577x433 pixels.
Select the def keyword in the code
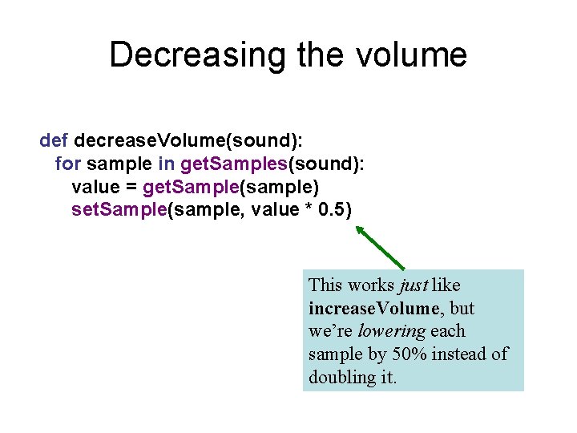point(54,141)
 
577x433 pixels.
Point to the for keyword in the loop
point(67,164)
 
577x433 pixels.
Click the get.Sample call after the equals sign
point(189,187)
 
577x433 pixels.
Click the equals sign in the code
point(131,187)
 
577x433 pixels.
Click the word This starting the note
point(325,285)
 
